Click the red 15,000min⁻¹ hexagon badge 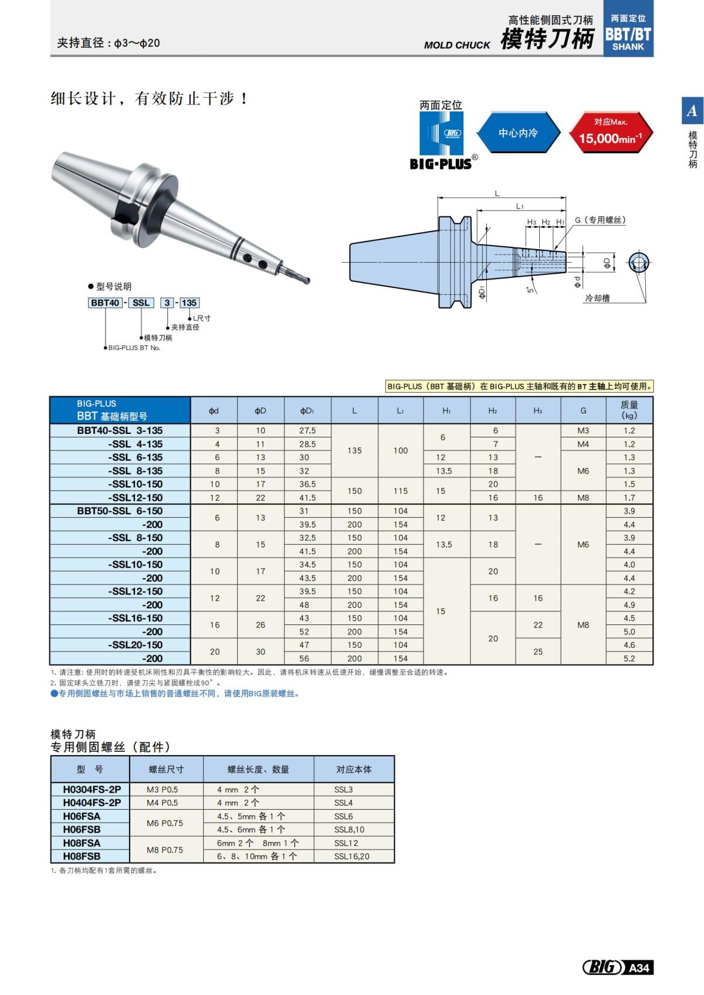(611, 133)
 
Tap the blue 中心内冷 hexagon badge (517, 133)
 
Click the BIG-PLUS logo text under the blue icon (441, 164)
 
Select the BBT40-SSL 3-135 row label (120, 430)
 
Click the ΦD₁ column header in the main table (307, 410)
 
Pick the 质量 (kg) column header (629, 410)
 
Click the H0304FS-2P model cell (92, 789)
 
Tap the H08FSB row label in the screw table (82, 856)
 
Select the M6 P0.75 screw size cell (165, 823)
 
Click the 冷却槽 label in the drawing (597, 298)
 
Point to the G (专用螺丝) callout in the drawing (600, 220)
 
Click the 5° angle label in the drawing (530, 289)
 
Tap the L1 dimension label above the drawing (520, 206)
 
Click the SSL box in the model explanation (141, 303)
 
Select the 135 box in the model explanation (189, 303)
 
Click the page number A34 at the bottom (638, 967)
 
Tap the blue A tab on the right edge (692, 110)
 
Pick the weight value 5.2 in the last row (629, 658)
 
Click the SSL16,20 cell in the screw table (352, 856)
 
